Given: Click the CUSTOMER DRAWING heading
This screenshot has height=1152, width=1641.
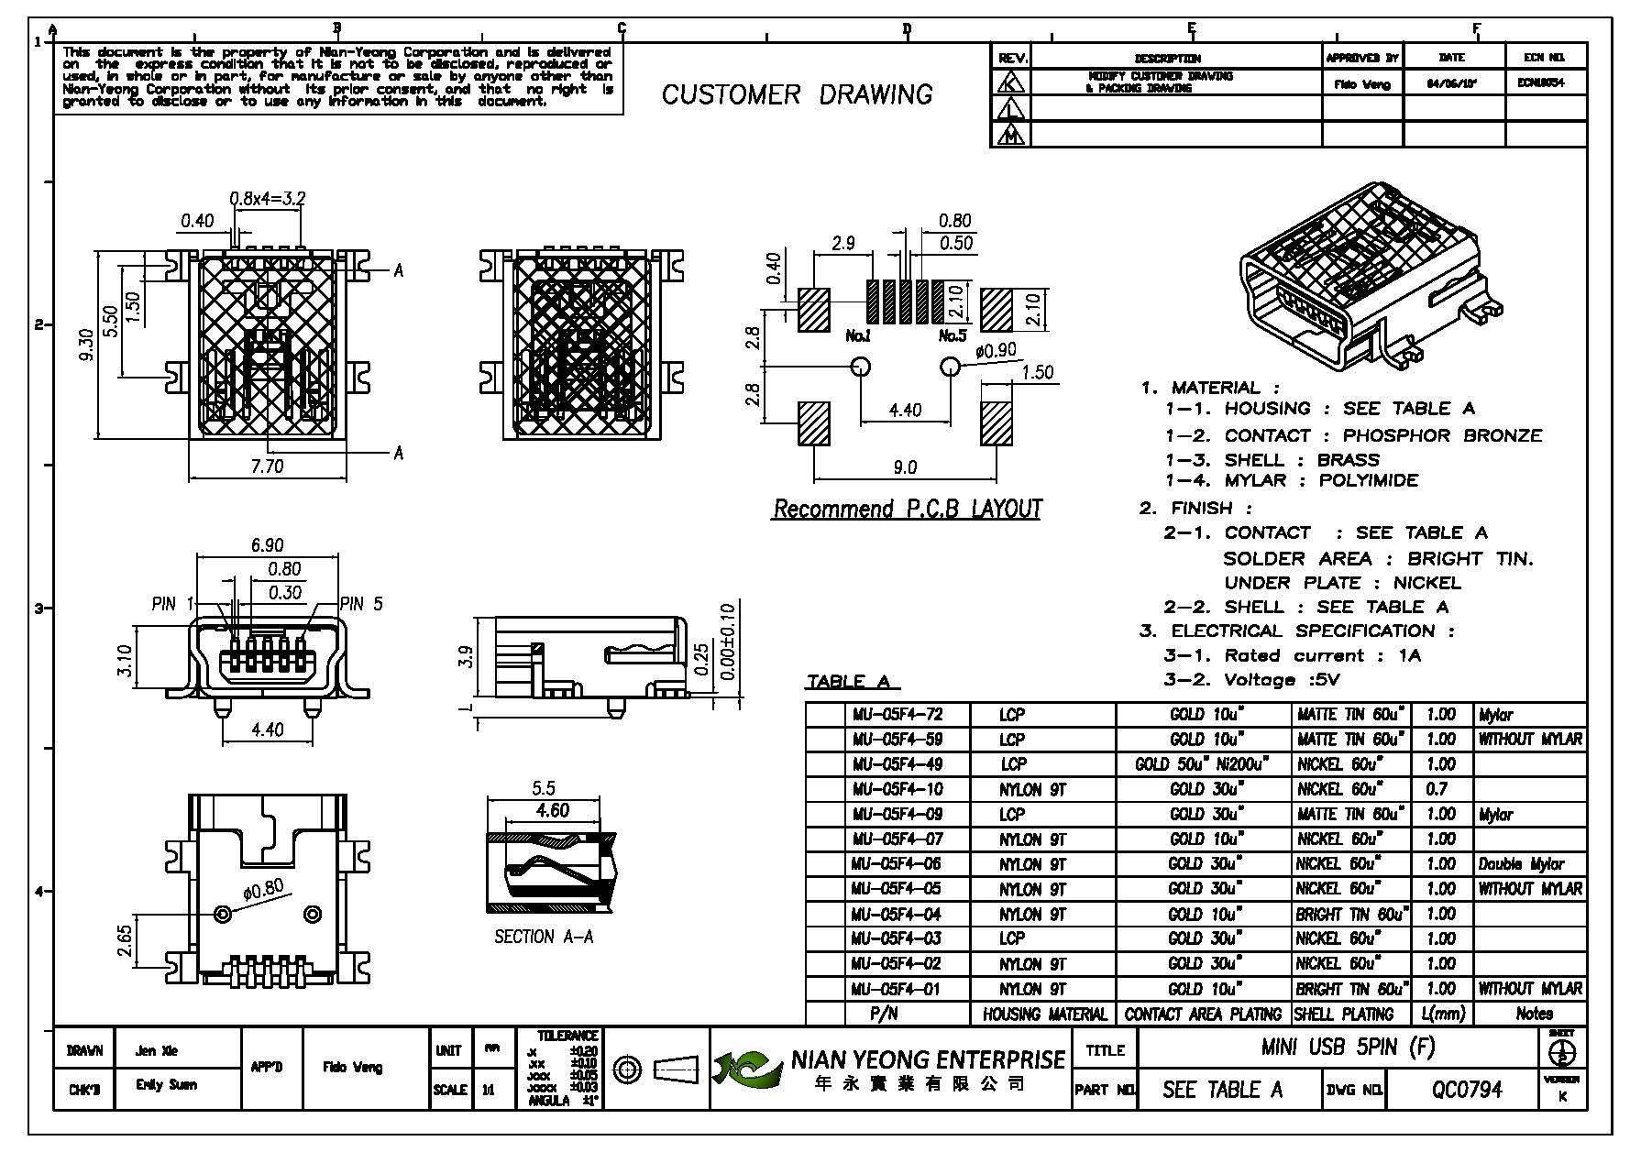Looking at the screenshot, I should pyautogui.click(x=797, y=94).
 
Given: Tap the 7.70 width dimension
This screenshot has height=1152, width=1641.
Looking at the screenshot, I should pyautogui.click(x=267, y=466).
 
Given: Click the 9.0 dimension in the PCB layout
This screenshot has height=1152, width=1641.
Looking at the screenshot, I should pyautogui.click(x=904, y=468).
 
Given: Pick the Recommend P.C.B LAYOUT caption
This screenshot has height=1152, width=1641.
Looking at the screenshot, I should pyautogui.click(x=907, y=510).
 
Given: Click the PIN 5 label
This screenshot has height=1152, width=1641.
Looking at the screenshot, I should pyautogui.click(x=361, y=604).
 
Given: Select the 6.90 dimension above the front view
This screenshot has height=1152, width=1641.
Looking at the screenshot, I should pyautogui.click(x=267, y=546).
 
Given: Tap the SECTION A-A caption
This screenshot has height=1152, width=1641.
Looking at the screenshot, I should pyautogui.click(x=544, y=937).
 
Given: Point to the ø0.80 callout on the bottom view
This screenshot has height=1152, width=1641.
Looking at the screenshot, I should pyautogui.click(x=264, y=890).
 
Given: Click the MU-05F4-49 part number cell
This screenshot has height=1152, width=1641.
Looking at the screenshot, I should pyautogui.click(x=897, y=764).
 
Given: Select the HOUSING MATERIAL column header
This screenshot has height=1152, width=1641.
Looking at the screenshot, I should pyautogui.click(x=1044, y=1014).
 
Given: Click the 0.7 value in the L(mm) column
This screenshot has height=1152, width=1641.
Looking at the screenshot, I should pyautogui.click(x=1437, y=789).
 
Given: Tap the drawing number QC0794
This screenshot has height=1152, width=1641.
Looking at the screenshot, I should pyautogui.click(x=1467, y=1090).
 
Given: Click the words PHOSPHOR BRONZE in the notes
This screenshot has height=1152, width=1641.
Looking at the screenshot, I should pyautogui.click(x=1442, y=435).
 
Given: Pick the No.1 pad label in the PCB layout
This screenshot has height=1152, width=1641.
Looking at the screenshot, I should pyautogui.click(x=858, y=336).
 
